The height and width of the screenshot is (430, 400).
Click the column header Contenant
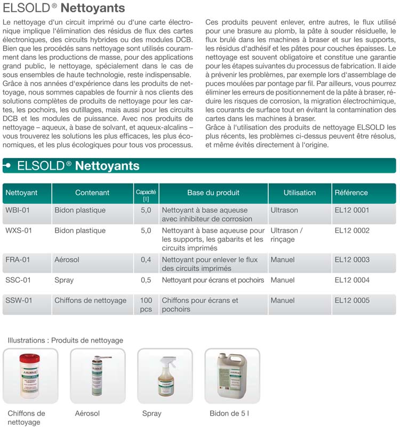92,193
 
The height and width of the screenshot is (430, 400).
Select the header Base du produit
213,193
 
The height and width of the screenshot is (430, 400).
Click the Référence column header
351,193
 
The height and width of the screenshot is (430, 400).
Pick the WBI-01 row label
18,210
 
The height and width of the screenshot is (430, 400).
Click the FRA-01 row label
18,260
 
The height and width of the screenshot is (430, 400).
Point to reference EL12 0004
352,280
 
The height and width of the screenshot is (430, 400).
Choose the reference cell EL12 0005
352,300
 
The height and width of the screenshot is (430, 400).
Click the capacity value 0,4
146,260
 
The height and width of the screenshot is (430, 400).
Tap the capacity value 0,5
146,280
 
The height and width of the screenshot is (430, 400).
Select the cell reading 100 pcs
146,305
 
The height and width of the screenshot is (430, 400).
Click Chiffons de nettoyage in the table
90,300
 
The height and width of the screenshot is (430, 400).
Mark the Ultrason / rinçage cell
286,235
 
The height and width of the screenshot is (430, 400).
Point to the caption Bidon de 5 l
229,413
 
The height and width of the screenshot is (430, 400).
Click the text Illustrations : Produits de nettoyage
65,340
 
